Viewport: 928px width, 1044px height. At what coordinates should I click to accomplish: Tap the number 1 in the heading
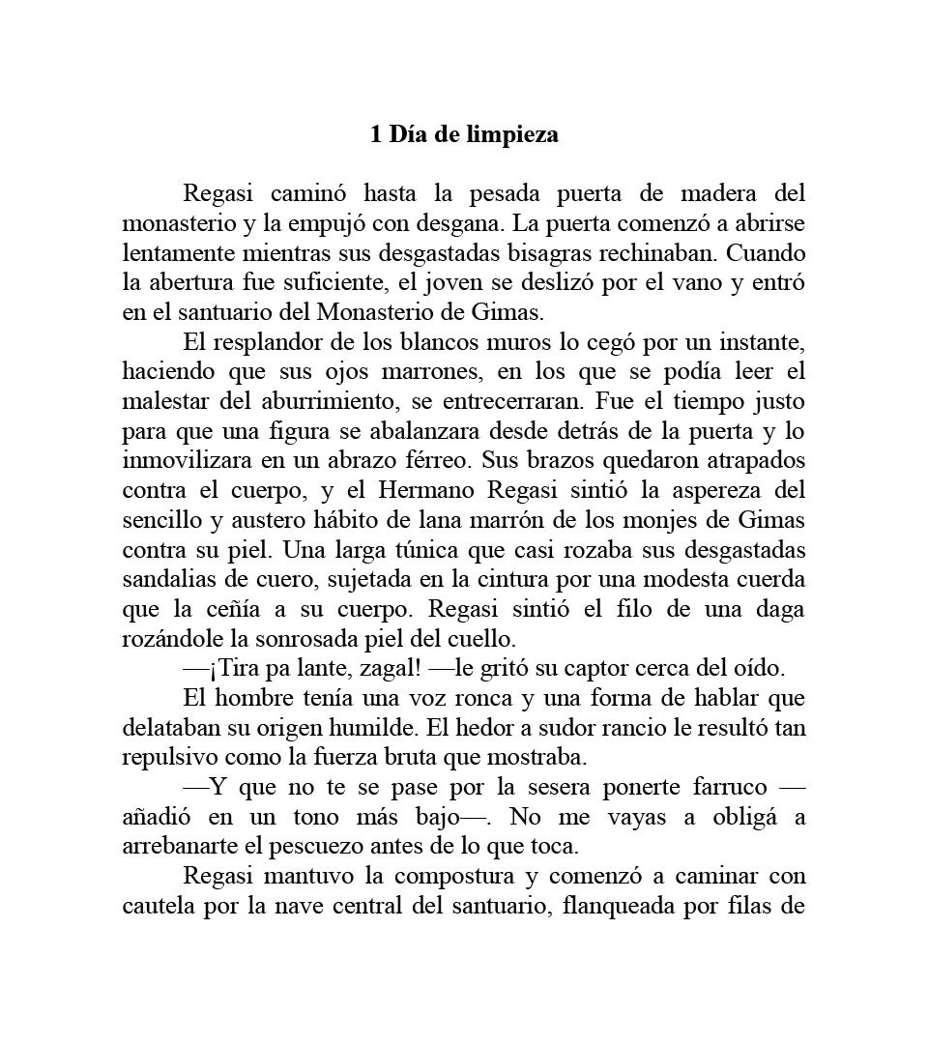(x=376, y=134)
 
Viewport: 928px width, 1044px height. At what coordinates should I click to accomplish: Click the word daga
(x=779, y=610)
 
